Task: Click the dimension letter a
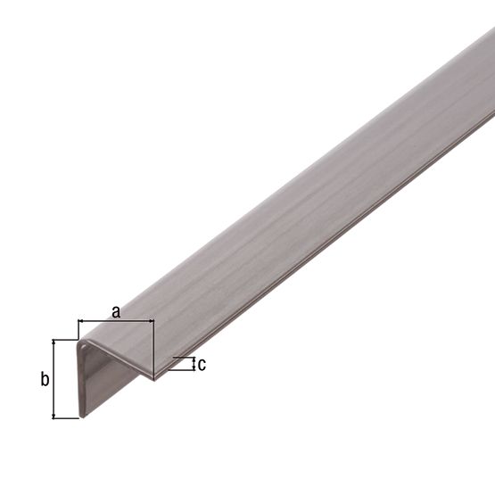click(115, 311)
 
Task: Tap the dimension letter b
click(44, 380)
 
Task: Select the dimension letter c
click(202, 364)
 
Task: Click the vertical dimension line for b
click(55, 379)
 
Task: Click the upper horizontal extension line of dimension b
click(66, 340)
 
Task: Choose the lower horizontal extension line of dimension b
click(66, 418)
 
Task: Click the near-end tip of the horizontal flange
click(153, 377)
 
